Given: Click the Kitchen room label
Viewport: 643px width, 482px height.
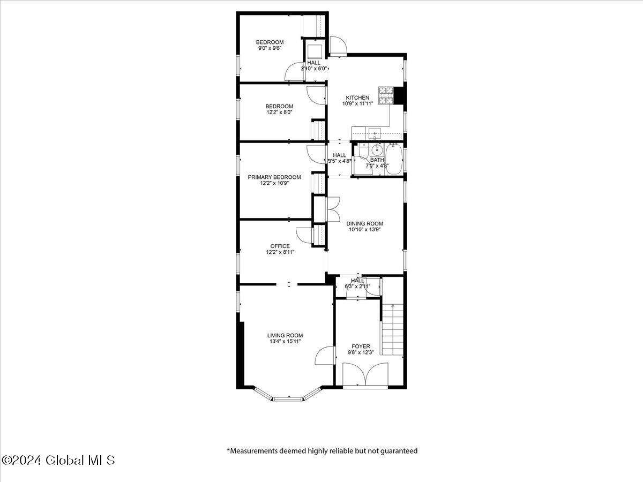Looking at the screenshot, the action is point(357,97).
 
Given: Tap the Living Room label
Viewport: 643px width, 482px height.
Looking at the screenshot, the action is point(285,335).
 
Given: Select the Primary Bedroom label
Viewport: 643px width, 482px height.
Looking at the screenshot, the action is point(274,177).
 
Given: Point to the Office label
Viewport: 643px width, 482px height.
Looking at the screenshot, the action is point(280,246).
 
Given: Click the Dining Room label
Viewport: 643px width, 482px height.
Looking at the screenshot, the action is point(365,223).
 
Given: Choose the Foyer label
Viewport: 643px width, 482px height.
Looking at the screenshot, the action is point(361,347).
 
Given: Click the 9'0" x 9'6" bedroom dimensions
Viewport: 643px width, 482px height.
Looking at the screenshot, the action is point(270,48).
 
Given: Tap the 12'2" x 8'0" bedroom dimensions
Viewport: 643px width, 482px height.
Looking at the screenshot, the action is point(280,112).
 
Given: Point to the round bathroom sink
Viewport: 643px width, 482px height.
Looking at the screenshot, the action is point(376,150).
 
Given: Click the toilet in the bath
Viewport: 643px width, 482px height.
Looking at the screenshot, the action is point(363,150).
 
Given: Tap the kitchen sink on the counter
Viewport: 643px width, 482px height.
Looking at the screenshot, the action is point(375,134).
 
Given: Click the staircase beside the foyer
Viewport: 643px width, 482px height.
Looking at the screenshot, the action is point(393,329).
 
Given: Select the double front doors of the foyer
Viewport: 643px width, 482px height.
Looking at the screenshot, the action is point(365,374).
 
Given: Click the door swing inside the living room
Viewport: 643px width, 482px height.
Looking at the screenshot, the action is point(324,355).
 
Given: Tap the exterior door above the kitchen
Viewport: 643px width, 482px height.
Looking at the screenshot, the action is point(338,46).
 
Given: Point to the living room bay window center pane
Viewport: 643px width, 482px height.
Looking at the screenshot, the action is point(288,398).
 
